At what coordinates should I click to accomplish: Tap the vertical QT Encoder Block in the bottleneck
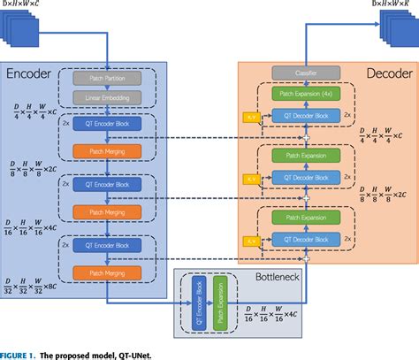(197, 302)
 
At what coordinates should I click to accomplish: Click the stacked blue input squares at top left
(19, 36)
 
